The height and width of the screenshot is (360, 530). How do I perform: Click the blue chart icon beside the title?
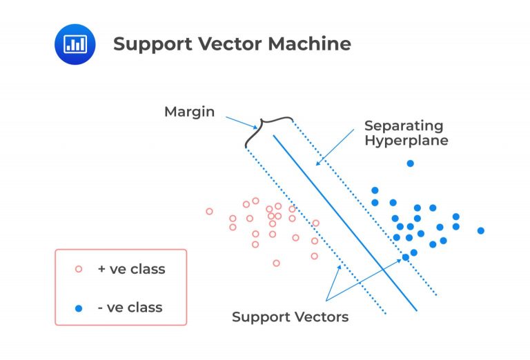pos(74,44)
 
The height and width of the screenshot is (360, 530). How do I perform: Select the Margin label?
pos(190,111)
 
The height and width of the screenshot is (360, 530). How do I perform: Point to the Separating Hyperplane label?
pos(406,133)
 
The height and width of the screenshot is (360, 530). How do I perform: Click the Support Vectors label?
pos(290,317)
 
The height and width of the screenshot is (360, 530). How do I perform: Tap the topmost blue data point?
pos(410,163)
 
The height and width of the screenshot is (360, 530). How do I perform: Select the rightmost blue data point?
pos(481,230)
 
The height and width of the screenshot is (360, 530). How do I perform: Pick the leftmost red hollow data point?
pos(209,211)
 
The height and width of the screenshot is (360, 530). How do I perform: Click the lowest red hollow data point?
pos(276,263)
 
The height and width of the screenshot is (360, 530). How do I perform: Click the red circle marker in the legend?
pos(78,269)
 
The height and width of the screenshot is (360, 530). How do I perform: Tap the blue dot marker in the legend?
pos(78,307)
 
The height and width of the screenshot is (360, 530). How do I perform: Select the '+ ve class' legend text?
pos(131,269)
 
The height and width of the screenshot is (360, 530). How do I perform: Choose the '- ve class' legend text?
pos(131,307)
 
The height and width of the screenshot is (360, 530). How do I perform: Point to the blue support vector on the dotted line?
pos(406,257)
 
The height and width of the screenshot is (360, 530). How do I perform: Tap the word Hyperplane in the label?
pos(406,141)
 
